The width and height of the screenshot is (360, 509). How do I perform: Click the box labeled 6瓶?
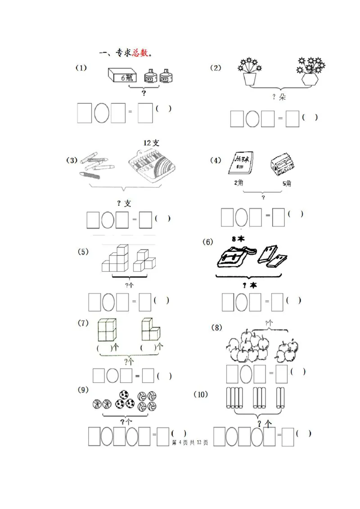click(x=122, y=76)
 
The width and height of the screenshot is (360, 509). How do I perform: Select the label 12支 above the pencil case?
click(x=152, y=143)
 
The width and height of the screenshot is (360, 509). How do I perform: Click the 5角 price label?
click(x=287, y=183)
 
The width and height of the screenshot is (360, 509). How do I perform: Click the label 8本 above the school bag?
click(x=238, y=239)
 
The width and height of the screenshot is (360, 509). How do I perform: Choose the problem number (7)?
click(x=83, y=323)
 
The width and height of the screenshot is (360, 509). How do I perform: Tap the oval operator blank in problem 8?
click(x=246, y=374)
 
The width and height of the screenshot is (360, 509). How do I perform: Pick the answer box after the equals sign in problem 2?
click(x=292, y=119)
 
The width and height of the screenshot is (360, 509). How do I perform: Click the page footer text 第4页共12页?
click(x=190, y=443)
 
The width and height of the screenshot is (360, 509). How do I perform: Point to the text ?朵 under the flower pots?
click(x=279, y=97)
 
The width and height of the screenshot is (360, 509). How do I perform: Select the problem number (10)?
click(x=201, y=394)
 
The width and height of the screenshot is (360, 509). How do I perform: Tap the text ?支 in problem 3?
click(x=124, y=204)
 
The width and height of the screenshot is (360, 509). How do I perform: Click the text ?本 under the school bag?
click(x=249, y=286)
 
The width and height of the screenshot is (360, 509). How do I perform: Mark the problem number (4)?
click(x=216, y=161)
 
